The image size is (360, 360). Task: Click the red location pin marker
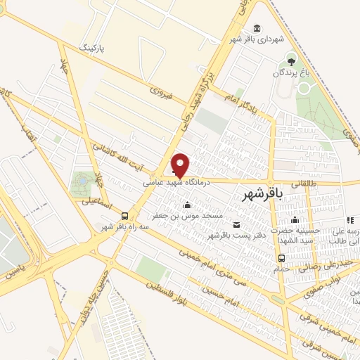point(181,164)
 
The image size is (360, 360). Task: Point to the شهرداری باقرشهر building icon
point(256,28)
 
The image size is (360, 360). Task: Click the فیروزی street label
point(161,91)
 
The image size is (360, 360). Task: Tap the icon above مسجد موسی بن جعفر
point(188,205)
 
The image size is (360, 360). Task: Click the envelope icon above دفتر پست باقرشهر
point(236,224)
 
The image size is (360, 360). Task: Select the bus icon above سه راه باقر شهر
point(124,216)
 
